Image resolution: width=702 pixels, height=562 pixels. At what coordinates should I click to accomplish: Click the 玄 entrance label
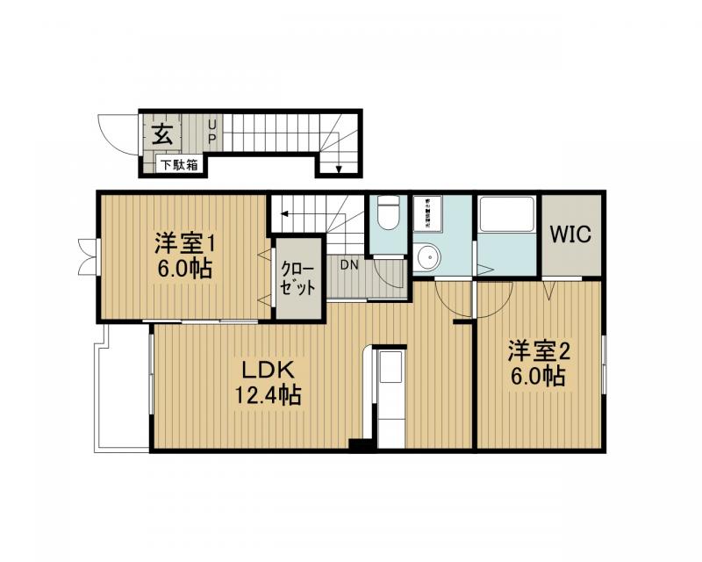(x=161, y=134)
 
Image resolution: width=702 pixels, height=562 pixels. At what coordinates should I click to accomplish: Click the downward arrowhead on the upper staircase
(x=340, y=169)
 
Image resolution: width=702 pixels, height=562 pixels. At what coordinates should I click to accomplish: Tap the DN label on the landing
(x=348, y=263)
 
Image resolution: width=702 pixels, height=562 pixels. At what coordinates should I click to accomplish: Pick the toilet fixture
(x=386, y=215)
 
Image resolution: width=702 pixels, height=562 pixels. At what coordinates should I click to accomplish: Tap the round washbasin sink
(x=429, y=259)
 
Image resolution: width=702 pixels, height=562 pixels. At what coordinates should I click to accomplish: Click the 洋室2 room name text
(x=539, y=351)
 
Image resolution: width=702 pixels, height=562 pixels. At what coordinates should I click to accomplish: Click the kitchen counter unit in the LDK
(x=390, y=395)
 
